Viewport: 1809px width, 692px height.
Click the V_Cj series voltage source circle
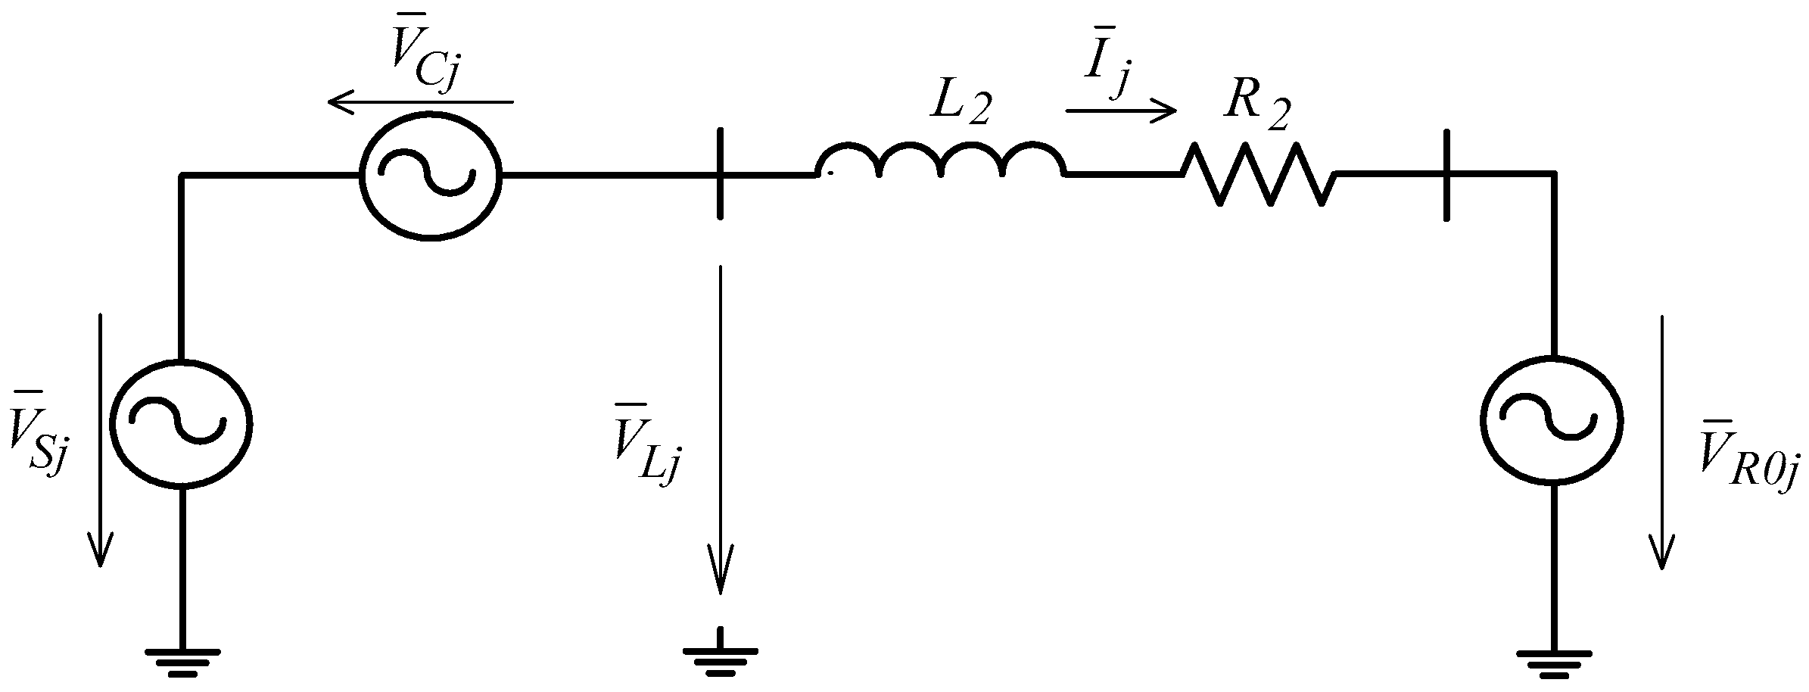(429, 175)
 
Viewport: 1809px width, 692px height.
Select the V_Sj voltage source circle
(180, 425)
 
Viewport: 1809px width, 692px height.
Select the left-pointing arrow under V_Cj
(420, 101)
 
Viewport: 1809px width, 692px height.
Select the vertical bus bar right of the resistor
(1446, 175)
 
